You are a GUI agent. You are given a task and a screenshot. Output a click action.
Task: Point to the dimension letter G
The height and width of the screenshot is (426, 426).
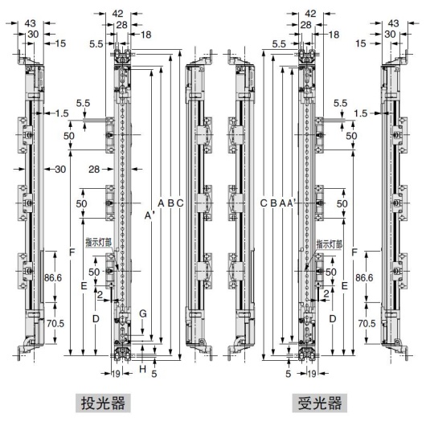click(143, 312)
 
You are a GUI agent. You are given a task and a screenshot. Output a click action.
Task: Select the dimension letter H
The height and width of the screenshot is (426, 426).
click(142, 369)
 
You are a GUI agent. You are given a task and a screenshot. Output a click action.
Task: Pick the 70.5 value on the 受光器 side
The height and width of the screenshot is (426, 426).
click(366, 323)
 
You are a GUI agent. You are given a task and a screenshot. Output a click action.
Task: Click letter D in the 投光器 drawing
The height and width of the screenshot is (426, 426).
click(95, 319)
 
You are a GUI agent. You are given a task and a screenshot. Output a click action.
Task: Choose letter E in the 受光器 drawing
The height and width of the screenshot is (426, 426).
click(344, 285)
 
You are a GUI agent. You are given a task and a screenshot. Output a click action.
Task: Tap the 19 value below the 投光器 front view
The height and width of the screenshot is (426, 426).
click(117, 374)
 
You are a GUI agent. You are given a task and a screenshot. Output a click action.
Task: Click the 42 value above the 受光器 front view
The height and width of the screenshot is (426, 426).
click(309, 14)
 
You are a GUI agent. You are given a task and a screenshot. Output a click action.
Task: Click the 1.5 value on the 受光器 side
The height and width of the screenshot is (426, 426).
click(359, 114)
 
